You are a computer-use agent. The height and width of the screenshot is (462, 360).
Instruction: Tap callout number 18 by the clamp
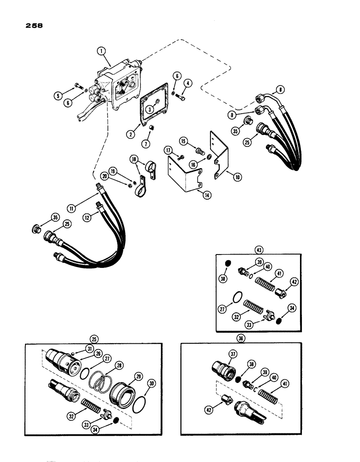pyautogui.click(x=134, y=159)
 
